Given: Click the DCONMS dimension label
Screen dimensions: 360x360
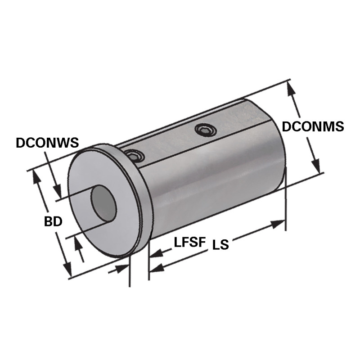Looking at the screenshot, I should point(312,126).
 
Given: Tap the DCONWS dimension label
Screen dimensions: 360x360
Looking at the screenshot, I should point(47,143).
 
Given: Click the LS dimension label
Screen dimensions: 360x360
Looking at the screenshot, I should point(220,245).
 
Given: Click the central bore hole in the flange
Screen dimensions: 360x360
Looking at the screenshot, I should point(104,204).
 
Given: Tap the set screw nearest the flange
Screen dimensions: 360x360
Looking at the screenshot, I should point(135,156).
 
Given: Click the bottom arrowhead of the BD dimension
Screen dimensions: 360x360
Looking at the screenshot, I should point(68,270).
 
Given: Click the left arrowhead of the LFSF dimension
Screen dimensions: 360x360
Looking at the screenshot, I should point(156,254).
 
